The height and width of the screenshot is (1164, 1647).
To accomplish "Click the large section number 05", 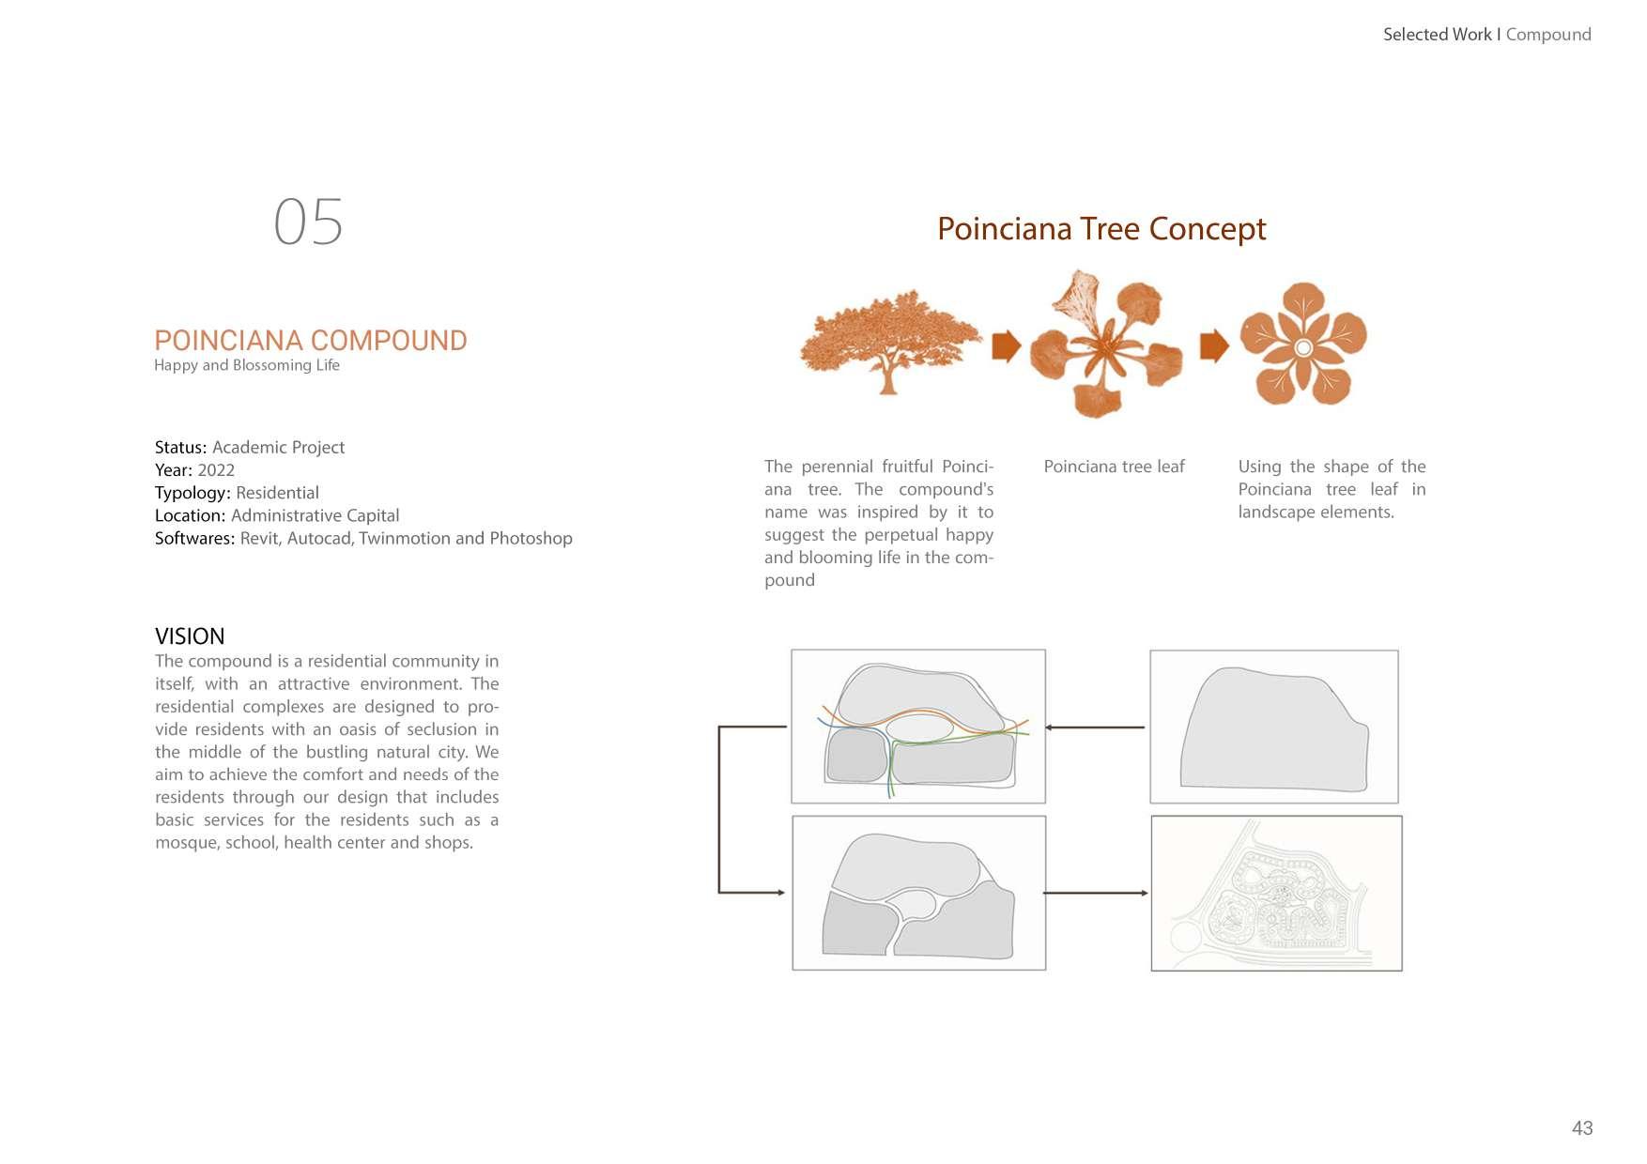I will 308,222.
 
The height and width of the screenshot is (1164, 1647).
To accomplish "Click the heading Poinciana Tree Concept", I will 1101,229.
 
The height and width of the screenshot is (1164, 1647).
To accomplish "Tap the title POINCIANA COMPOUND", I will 310,340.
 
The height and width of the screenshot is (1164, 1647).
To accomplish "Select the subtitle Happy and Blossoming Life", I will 247,365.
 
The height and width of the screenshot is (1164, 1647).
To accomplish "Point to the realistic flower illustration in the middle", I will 1106,344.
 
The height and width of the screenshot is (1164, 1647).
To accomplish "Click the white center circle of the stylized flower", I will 1302,348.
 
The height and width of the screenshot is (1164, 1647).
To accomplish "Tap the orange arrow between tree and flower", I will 1006,345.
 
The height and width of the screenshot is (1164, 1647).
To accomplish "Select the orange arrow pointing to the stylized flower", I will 1213,345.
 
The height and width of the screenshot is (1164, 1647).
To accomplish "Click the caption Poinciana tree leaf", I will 1114,467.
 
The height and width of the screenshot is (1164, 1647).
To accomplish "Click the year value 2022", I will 216,470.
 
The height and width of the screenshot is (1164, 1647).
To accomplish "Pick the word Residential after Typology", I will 277,493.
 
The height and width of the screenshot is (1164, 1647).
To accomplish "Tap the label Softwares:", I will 194,538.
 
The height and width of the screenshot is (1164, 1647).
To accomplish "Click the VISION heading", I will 190,636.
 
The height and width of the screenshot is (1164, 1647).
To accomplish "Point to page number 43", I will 1581,1128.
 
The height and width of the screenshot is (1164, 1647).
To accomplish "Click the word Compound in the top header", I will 1547,35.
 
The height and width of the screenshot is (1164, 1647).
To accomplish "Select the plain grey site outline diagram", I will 1273,727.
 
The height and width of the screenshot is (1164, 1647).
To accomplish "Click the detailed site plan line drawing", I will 1276,893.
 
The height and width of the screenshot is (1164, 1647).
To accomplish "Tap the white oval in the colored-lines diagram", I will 920,727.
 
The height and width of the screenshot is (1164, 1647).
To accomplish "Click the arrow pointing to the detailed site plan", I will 1095,893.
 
